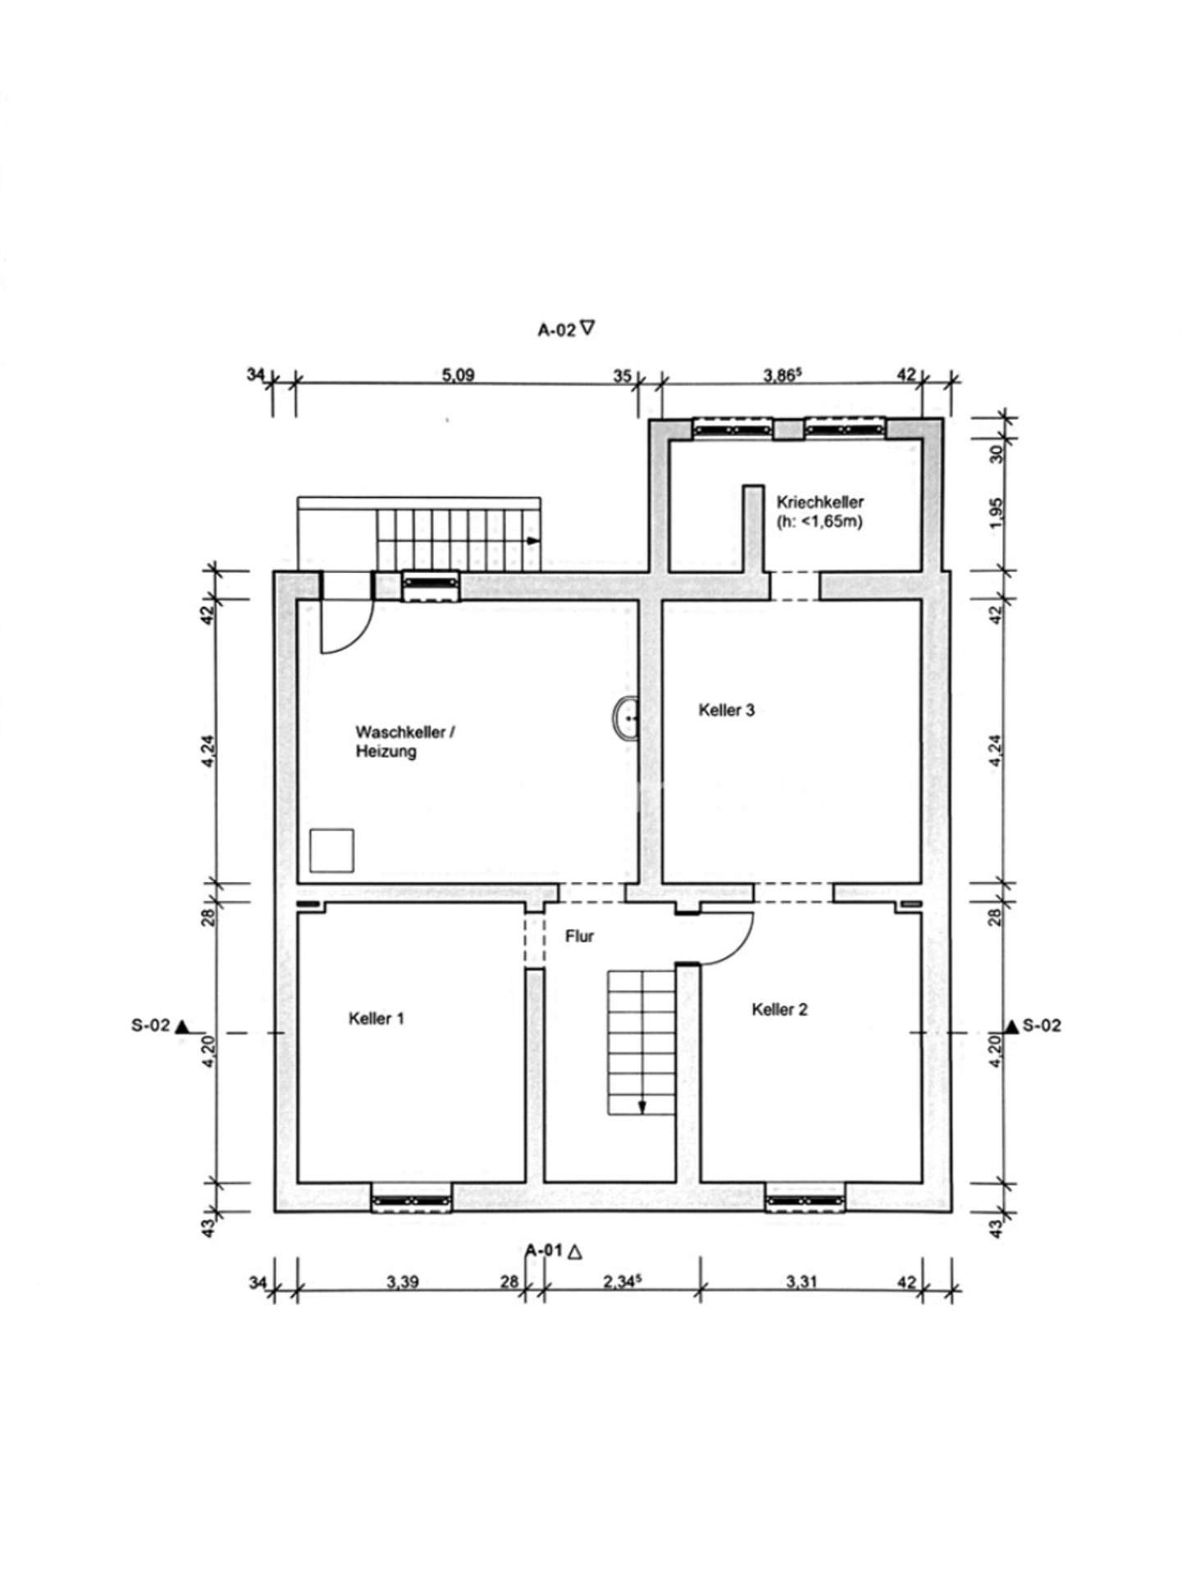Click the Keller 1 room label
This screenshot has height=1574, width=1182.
pos(377,1018)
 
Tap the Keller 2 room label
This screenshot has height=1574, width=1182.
pos(779,1009)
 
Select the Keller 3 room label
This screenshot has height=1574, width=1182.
pos(726,710)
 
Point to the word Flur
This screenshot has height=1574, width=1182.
pos(579,936)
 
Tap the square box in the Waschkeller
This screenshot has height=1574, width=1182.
pos(331,850)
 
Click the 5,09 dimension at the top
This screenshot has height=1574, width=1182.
pos(458,375)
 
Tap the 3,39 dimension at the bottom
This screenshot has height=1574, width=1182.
pos(403,1282)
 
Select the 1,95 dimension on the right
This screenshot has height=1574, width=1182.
pos(997,513)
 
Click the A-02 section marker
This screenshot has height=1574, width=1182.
pos(566,330)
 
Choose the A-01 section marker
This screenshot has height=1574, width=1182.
pos(554,1251)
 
